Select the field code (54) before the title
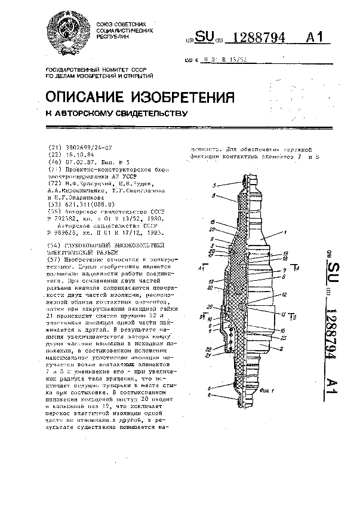[54, 245]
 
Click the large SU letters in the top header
[205, 39]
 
